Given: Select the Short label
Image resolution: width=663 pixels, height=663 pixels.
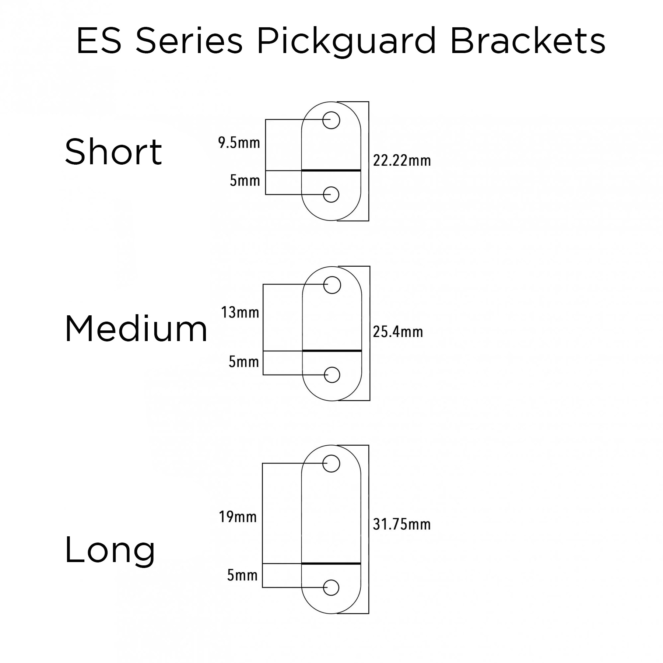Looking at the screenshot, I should [x=113, y=151].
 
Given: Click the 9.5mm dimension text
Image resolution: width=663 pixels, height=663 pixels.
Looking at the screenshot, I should [x=239, y=143].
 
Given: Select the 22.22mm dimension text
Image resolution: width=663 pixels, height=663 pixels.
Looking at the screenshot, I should [x=401, y=161].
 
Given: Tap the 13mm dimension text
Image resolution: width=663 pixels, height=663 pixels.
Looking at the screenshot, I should [x=240, y=312].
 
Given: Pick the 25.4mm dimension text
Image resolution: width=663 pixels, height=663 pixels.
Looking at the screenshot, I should [x=398, y=332].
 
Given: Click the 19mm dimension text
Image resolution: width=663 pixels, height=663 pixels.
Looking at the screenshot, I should [x=238, y=517].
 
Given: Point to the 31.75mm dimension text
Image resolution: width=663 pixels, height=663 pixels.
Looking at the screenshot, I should [x=401, y=524].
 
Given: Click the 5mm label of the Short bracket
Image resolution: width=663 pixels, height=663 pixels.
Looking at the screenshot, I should [x=245, y=181].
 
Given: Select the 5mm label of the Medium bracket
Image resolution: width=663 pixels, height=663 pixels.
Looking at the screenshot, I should [x=243, y=362].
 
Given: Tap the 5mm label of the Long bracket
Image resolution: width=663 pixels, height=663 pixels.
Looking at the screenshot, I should [x=242, y=575].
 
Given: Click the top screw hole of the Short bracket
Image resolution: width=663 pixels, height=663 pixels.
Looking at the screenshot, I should [x=331, y=120].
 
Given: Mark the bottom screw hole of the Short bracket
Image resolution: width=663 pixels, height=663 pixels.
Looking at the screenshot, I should [x=331, y=194].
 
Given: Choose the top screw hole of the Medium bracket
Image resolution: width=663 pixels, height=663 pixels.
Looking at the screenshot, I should [x=332, y=285].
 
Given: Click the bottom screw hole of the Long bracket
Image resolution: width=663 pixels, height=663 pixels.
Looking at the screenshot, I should [x=331, y=588].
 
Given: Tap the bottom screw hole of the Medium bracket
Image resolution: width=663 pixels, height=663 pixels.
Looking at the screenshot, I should [x=332, y=375].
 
